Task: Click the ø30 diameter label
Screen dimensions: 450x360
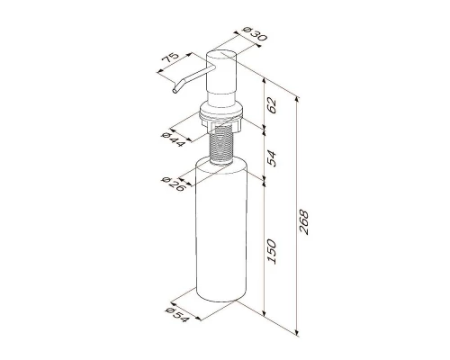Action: [x=255, y=34]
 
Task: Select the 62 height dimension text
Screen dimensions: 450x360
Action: [x=272, y=105]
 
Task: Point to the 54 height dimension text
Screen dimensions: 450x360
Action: [x=272, y=158]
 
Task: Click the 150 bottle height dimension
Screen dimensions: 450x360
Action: [x=272, y=251]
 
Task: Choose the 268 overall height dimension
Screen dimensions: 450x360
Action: [x=303, y=222]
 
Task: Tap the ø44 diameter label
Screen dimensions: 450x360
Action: [x=173, y=139]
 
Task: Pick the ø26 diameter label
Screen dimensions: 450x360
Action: [x=173, y=184]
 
